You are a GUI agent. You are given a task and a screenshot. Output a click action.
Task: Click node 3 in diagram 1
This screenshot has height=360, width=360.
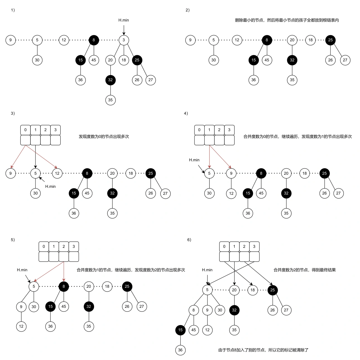(x=124, y=40)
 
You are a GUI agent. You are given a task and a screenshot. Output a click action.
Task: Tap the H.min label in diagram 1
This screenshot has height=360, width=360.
(x=124, y=20)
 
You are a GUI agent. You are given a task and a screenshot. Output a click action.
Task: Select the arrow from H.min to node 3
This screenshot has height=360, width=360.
(x=124, y=30)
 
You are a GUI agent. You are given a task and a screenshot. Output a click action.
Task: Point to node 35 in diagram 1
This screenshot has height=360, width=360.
(x=111, y=100)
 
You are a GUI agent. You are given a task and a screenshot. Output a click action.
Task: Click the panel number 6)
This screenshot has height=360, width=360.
(x=189, y=240)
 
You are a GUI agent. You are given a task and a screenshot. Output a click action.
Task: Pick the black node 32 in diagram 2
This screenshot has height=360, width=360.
(x=292, y=60)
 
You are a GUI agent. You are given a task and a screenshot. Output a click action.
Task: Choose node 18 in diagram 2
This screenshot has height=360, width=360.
(x=310, y=40)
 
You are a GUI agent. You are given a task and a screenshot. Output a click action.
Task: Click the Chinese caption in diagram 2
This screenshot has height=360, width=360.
(x=287, y=20)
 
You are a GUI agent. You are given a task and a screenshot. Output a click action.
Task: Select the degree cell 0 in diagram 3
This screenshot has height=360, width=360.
(x=25, y=130)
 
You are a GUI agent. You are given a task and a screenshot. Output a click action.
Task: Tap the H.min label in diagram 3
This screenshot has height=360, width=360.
(x=51, y=186)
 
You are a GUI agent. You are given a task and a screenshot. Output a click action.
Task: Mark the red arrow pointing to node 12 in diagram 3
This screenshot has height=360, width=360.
(x=41, y=157)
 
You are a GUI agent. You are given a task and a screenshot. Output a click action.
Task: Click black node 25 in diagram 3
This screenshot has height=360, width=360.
(x=151, y=173)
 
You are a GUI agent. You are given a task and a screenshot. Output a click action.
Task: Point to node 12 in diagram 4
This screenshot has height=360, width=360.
(x=231, y=193)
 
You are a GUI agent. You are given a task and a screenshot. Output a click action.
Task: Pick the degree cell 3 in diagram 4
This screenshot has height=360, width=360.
(x=229, y=130)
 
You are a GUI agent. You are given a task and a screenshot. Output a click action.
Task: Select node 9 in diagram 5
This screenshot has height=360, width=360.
(x=21, y=307)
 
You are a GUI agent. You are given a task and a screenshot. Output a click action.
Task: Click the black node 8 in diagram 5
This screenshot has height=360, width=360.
(x=64, y=286)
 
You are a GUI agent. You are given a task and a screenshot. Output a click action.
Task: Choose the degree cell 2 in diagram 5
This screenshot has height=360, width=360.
(x=64, y=246)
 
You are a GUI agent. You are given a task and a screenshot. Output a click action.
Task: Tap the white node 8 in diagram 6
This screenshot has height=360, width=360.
(x=194, y=310)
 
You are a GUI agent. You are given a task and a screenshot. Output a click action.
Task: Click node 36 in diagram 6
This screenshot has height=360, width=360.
(x=180, y=350)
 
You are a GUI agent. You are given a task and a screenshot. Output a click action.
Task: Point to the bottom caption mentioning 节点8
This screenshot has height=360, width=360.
(x=263, y=350)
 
